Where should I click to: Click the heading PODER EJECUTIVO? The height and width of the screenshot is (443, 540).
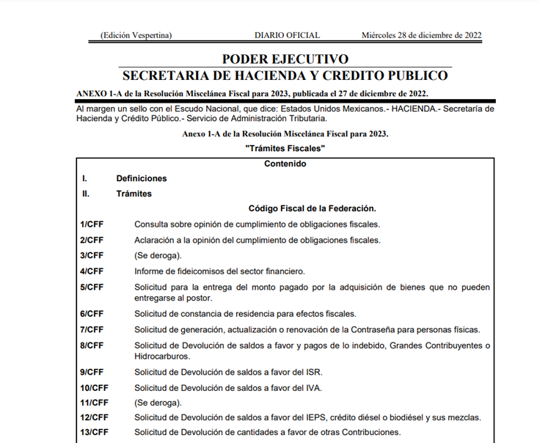(285, 59)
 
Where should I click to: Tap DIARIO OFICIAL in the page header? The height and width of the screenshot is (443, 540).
(287, 34)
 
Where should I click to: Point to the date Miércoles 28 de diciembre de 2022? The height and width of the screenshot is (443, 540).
(421, 34)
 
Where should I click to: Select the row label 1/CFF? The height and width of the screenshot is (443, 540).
(92, 224)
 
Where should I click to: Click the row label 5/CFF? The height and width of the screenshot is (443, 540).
(92, 288)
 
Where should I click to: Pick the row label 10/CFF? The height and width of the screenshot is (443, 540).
(94, 387)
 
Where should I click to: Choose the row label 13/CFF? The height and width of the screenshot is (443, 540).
(94, 431)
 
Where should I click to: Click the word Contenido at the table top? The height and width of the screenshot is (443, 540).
(285, 164)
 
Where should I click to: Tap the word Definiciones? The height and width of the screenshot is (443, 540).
(142, 178)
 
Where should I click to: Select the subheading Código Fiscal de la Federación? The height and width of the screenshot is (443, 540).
(312, 208)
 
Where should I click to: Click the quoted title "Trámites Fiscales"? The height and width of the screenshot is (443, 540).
(285, 149)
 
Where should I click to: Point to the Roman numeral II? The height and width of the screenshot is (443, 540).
(85, 194)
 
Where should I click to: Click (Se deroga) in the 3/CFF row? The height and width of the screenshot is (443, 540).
(157, 255)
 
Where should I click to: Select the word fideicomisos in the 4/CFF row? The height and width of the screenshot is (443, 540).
(193, 271)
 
